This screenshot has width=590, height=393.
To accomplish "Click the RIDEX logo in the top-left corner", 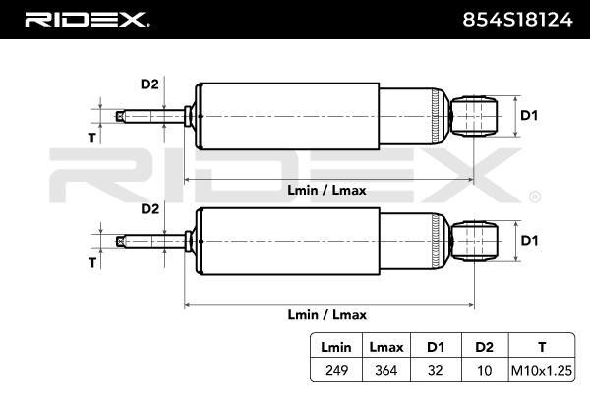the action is pyautogui.click(x=87, y=19).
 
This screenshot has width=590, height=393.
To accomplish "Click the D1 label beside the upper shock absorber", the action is pyautogui.click(x=529, y=115).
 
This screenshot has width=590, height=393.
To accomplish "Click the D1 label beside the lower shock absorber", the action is pyautogui.click(x=529, y=240).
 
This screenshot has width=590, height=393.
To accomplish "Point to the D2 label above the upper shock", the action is pyautogui.click(x=149, y=84).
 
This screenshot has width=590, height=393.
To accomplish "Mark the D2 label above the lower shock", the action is pyautogui.click(x=149, y=208).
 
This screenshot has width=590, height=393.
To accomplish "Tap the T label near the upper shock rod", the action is pyautogui.click(x=91, y=139).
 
